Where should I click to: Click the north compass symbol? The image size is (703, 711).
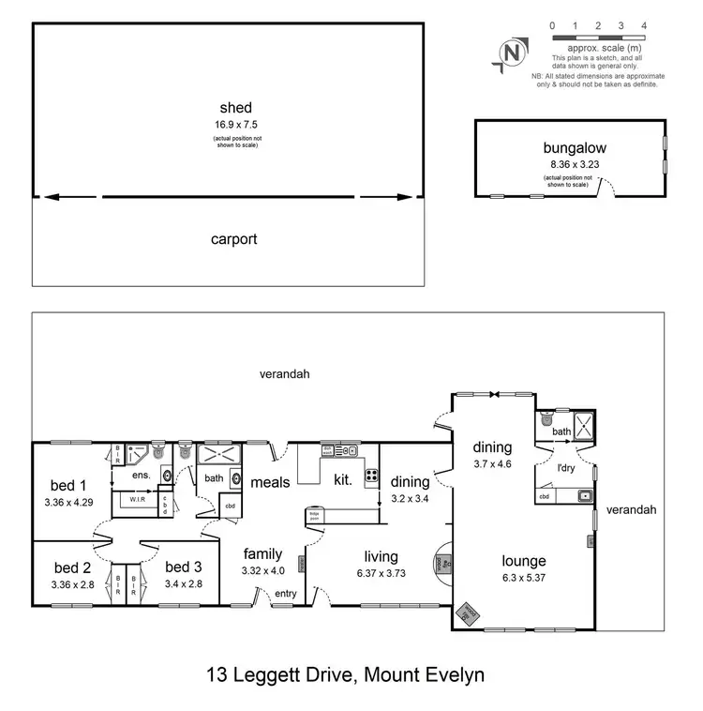tap(512, 53)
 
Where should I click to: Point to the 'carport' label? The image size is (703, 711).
tap(233, 239)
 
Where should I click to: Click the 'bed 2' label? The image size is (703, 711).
tap(72, 567)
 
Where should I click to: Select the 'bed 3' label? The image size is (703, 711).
tap(183, 567)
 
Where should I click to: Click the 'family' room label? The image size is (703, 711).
tap(263, 552)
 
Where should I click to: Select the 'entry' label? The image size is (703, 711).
tap(284, 594)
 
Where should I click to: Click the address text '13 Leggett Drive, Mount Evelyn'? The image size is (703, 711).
tap(346, 674)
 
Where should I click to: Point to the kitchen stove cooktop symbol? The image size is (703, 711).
tap(370, 475)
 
